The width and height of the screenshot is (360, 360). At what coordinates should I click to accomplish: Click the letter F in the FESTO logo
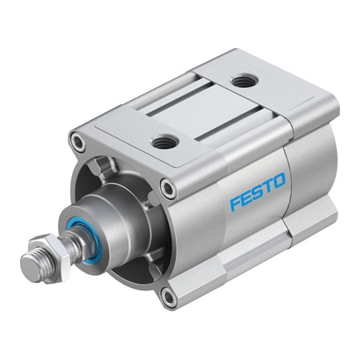236,203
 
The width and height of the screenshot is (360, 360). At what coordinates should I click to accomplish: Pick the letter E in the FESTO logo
247,197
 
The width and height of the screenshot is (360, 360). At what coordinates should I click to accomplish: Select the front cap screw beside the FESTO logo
168,189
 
